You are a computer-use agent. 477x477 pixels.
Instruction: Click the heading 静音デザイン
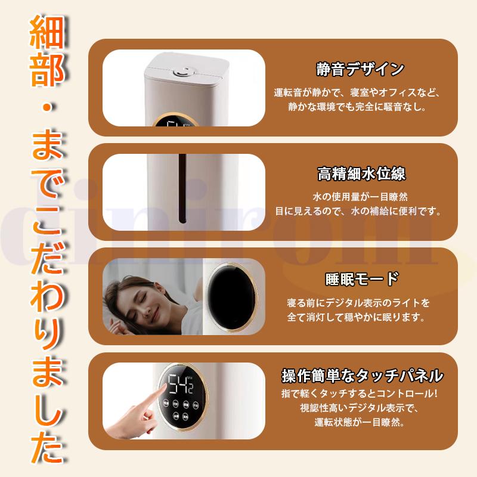pos(360,69)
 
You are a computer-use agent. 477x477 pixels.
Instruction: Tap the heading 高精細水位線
pos(361,174)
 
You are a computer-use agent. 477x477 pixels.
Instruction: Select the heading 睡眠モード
pos(361,279)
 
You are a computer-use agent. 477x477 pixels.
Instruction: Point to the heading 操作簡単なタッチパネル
pos(362,376)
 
